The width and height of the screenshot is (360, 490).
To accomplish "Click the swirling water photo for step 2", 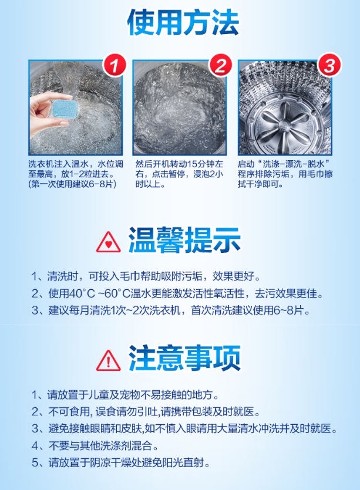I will pyautogui.click(x=180, y=109).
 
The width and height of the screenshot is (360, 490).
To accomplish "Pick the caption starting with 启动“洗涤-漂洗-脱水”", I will pyautogui.click(x=286, y=174).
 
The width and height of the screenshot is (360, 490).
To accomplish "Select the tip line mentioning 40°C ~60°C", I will pyautogui.click(x=177, y=293).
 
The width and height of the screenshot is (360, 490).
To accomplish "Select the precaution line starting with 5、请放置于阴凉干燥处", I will pyautogui.click(x=121, y=462).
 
